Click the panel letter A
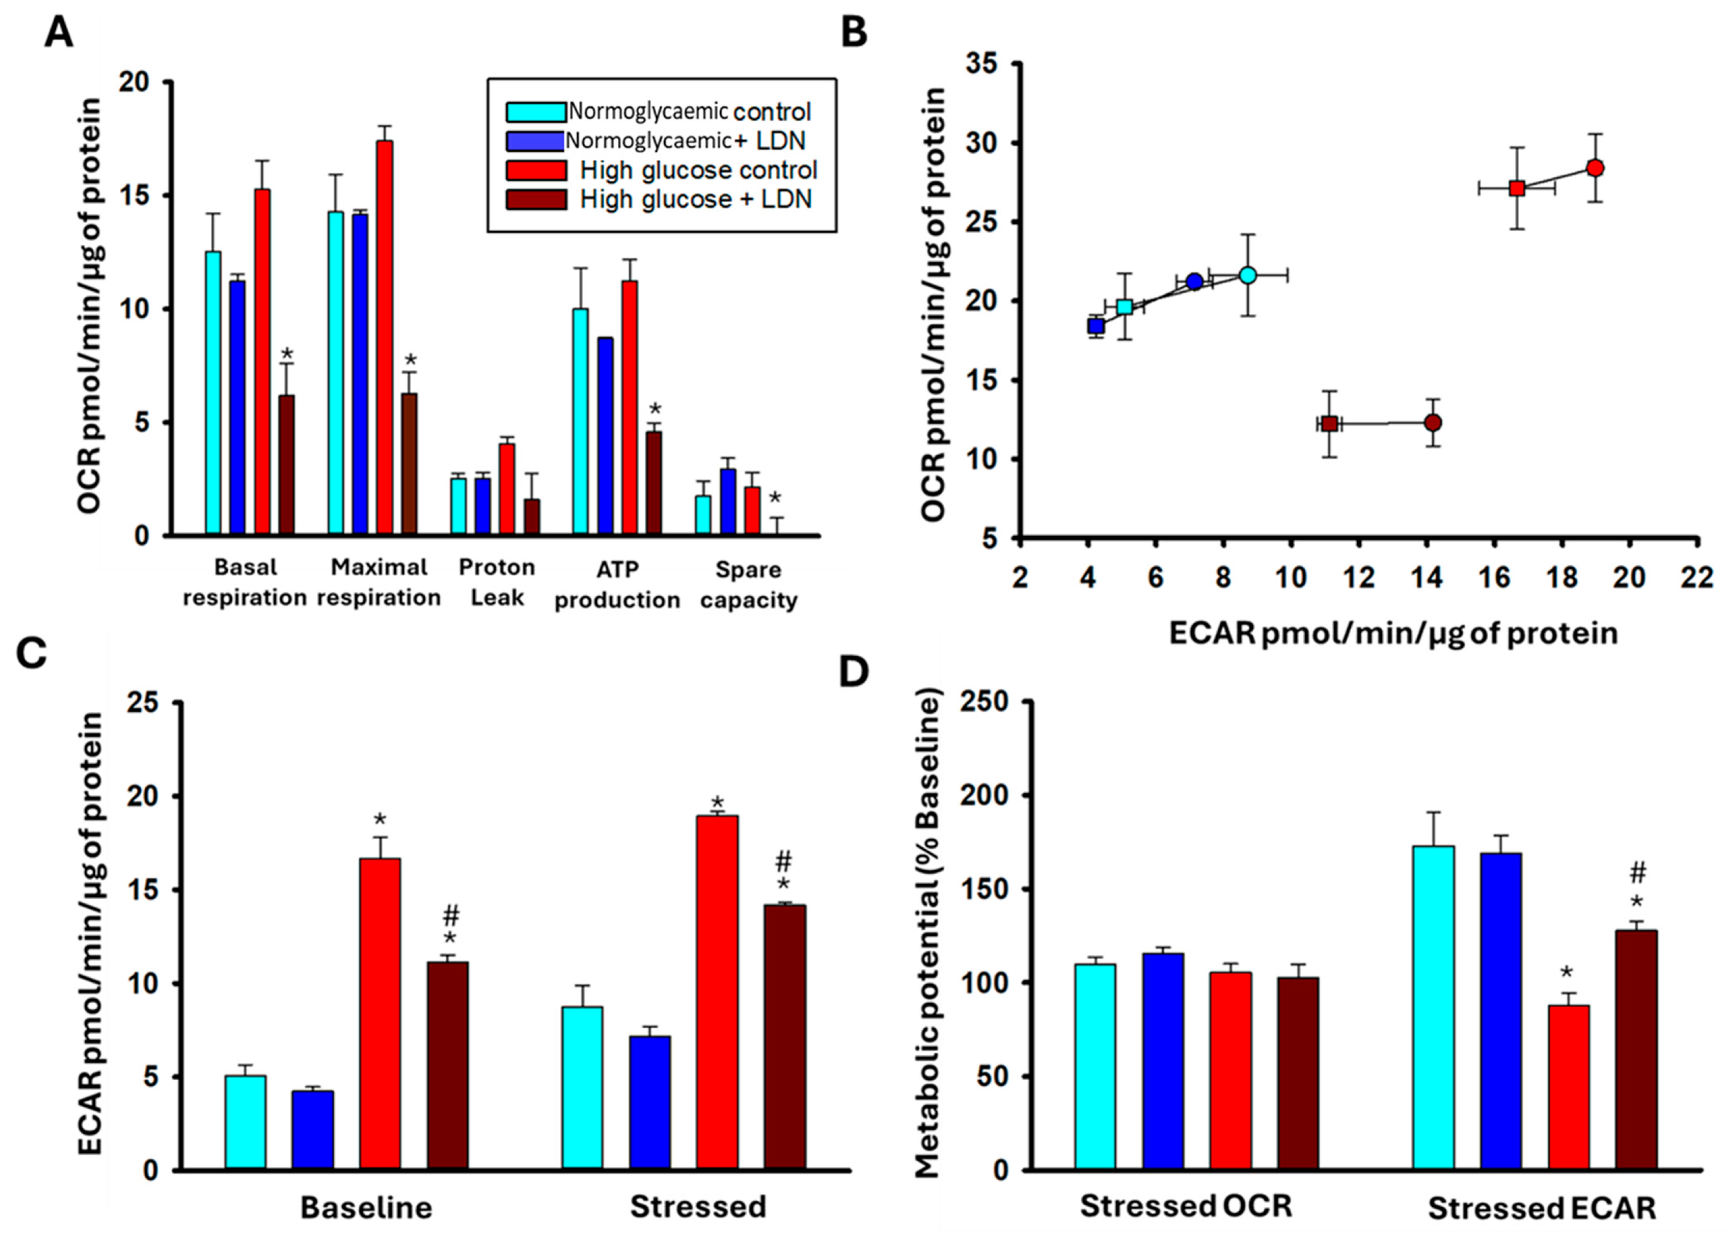coord(59,34)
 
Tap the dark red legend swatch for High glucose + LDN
coord(537,199)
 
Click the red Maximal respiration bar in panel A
coord(384,337)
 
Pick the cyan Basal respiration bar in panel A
coord(213,393)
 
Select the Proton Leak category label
coord(496,582)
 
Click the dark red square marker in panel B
coord(1329,424)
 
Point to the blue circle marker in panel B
coord(1195,281)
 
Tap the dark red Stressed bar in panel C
coord(784,1037)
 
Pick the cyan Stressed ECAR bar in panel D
coord(1433,1008)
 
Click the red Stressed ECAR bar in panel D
coord(1568,1088)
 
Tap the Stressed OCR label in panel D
coord(1186,1206)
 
